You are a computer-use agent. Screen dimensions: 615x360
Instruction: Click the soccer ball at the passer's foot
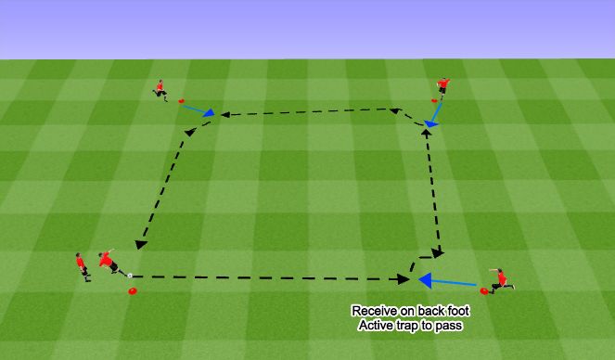coord(130,275)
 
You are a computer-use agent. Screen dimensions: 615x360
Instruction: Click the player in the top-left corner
coord(161,89)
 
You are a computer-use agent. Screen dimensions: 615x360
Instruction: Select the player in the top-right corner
coord(443,86)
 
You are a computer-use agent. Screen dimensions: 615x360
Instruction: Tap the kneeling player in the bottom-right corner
coord(501,279)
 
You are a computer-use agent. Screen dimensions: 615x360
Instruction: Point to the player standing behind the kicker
coord(82,265)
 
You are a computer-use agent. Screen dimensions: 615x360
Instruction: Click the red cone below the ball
coord(132,291)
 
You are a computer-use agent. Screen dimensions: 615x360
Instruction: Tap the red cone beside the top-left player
coord(182,100)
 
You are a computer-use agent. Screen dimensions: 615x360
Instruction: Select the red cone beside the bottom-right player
coord(484,290)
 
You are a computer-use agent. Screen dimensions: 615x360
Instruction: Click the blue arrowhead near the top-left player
coord(210,115)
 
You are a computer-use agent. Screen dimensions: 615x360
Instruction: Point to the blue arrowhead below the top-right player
coord(430,122)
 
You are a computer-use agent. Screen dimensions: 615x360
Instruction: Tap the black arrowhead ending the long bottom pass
coord(404,277)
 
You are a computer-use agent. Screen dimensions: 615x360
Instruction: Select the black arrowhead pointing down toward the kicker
coord(141,245)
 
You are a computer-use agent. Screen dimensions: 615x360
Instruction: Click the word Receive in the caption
coord(369,311)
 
